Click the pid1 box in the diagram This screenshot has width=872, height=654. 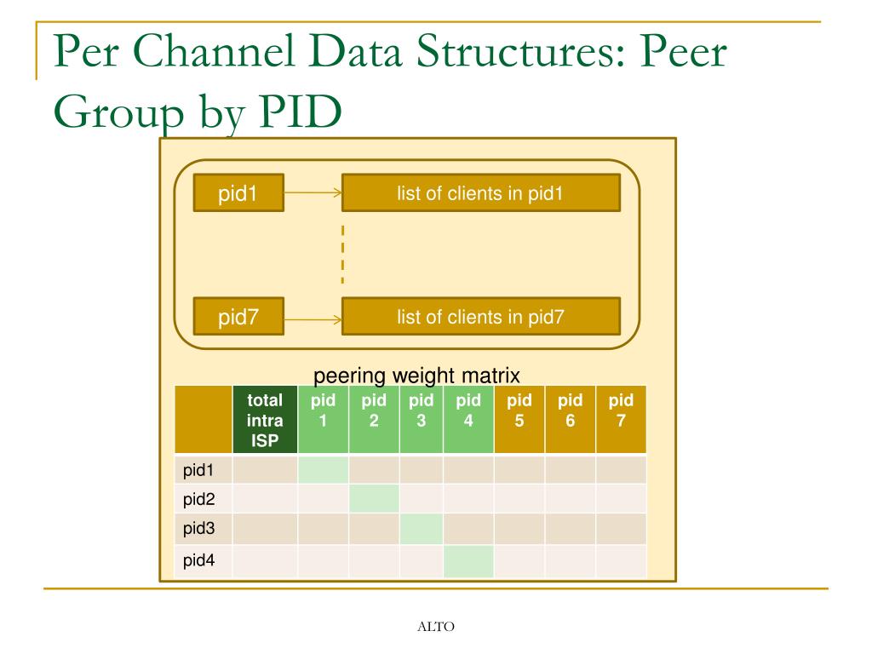(238, 193)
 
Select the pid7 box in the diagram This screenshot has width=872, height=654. (238, 317)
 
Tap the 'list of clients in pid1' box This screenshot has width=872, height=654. (480, 193)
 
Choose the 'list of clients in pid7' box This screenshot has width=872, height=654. (480, 317)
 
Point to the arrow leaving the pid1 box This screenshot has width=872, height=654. (313, 193)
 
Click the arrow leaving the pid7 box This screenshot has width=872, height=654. (313, 321)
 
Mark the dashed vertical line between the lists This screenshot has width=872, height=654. (342, 254)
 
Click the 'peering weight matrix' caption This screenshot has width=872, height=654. (416, 376)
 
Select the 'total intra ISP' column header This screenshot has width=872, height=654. (265, 420)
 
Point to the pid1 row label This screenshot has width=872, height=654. (198, 470)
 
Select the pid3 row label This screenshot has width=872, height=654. (198, 528)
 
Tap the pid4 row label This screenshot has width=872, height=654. (198, 561)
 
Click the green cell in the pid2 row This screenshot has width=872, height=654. (374, 499)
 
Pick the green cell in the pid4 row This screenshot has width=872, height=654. (468, 561)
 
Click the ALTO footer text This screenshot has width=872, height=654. (436, 627)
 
